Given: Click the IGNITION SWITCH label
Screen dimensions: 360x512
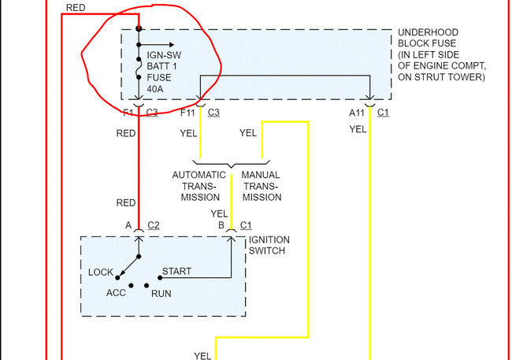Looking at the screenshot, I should coord(269,245).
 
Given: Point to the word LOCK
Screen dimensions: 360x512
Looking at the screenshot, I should coord(101,273).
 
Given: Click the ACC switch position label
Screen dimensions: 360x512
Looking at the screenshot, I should coord(117,292).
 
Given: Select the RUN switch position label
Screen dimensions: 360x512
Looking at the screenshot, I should coord(161,293).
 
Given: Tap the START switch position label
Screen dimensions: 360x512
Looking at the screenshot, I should coord(176,272).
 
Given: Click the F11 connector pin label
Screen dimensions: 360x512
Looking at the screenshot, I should coord(187,113).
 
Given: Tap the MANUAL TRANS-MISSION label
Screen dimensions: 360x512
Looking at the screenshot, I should coord(262,185).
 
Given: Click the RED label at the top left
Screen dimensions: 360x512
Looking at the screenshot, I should coord(76,7).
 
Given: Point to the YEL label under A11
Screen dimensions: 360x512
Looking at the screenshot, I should coord(358,129).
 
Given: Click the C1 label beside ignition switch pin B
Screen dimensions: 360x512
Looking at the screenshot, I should coord(246,226).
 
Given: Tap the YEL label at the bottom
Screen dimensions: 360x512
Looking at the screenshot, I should coord(202,355).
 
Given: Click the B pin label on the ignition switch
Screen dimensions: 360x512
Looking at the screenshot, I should coord(222,226).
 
